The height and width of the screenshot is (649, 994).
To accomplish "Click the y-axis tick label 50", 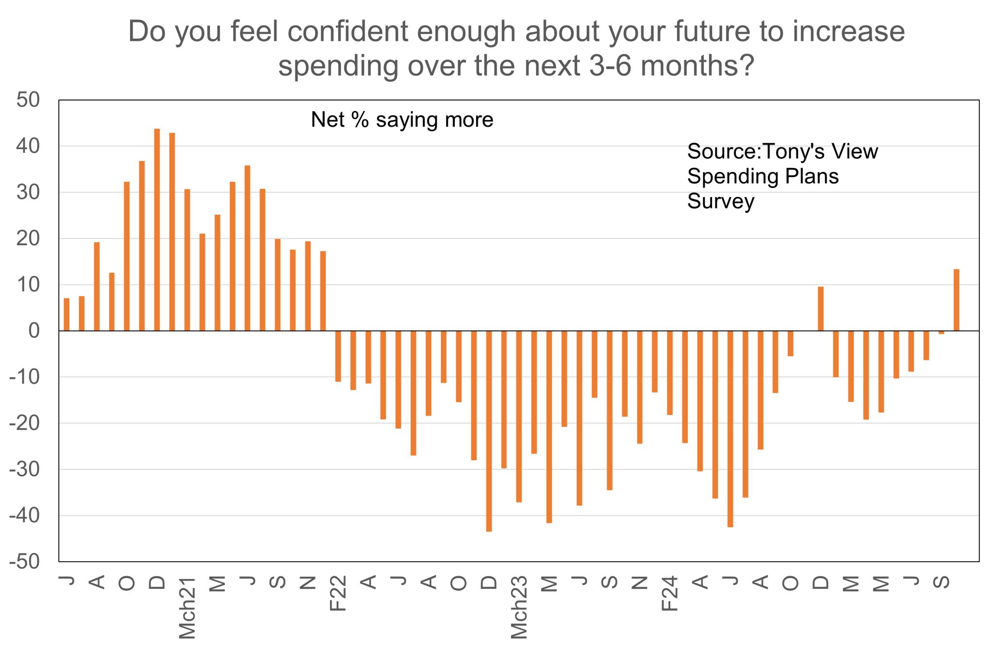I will point(28,100).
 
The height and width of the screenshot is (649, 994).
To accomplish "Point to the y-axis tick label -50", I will point(24,562).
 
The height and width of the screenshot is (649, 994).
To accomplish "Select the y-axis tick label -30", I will point(24,469).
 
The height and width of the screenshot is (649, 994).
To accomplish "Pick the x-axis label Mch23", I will point(519,607).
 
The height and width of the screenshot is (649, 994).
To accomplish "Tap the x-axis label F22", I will point(338,593).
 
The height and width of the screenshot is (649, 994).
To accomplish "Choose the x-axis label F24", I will point(670,593).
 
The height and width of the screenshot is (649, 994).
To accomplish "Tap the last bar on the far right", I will point(956,300).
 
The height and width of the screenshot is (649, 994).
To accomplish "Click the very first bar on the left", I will point(66,315).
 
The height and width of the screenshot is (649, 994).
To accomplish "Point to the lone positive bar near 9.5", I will point(821,309).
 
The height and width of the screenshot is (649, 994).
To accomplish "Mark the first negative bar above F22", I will point(338,356).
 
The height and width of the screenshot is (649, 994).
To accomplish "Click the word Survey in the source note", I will point(721,201).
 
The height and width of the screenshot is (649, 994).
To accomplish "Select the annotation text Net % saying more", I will point(402,120).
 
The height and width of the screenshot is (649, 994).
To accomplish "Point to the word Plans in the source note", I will point(812,176).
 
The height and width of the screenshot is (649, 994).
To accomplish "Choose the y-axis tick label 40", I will point(28,146).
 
